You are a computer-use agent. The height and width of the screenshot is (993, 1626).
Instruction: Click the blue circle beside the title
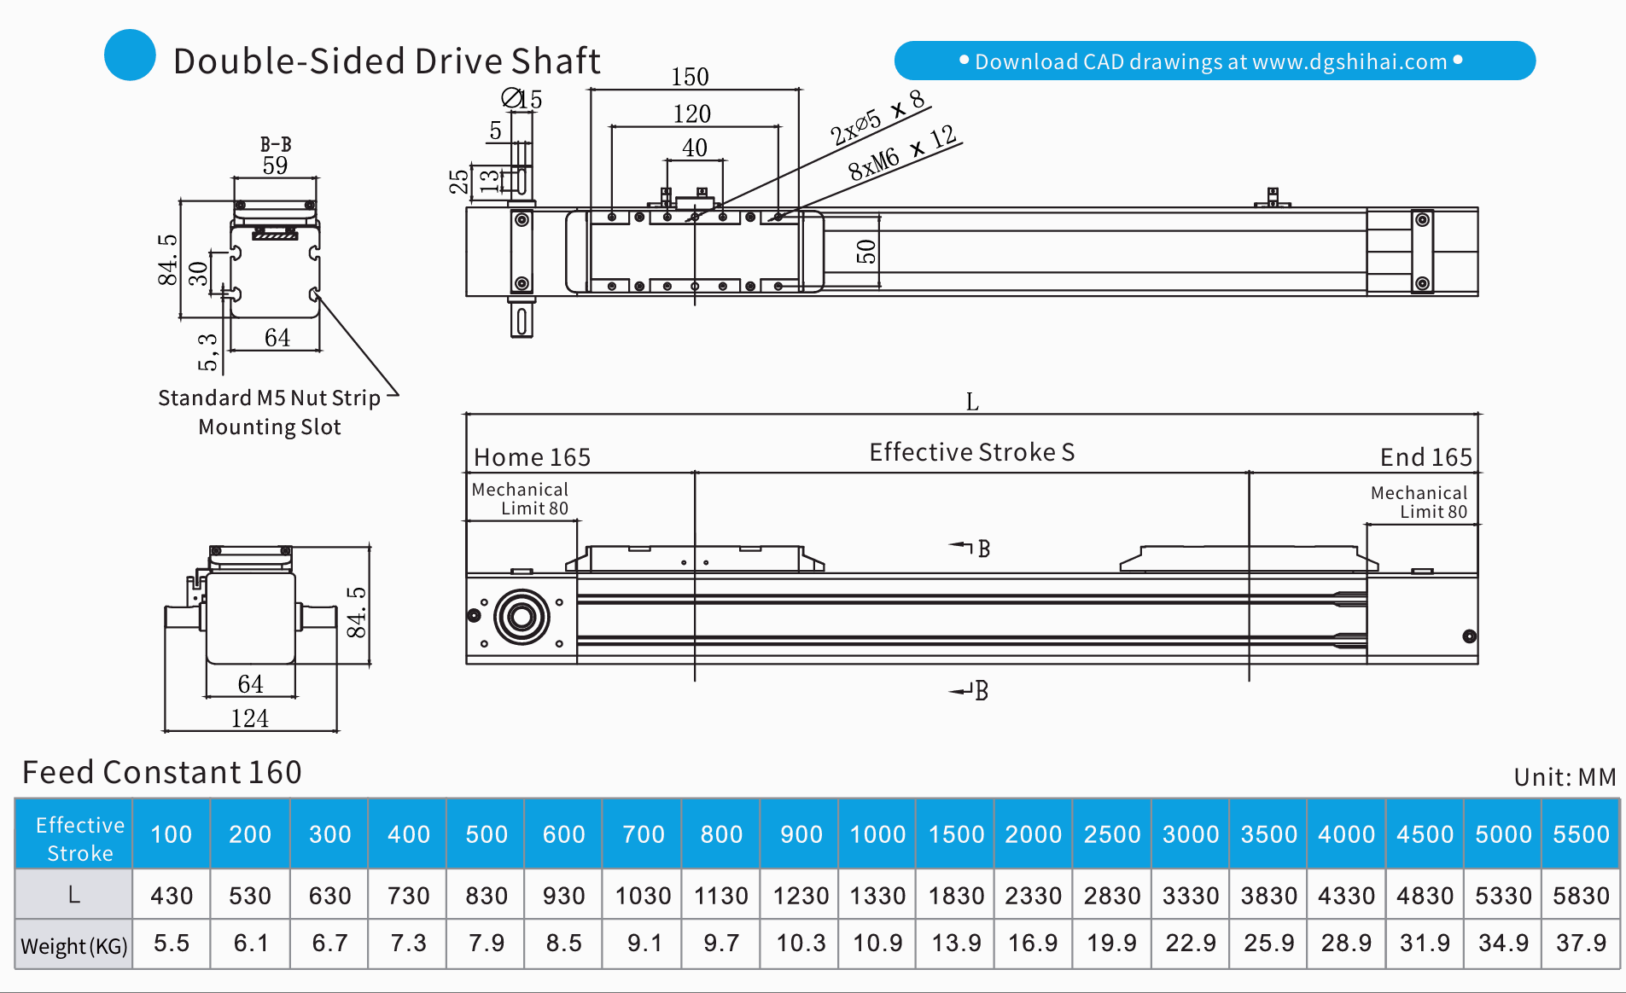[x=130, y=55]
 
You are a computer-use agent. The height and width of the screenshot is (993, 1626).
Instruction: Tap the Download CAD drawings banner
[x=1214, y=61]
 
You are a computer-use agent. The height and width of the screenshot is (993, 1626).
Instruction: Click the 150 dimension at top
[x=690, y=77]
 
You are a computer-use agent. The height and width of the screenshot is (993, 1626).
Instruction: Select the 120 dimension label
[x=691, y=113]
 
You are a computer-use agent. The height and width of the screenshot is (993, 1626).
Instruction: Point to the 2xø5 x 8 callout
[x=877, y=118]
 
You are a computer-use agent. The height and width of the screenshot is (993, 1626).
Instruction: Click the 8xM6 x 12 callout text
[x=903, y=152]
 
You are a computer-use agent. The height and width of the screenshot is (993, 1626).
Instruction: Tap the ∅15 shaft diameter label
[x=522, y=99]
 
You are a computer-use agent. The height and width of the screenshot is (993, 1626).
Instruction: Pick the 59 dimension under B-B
[x=275, y=165]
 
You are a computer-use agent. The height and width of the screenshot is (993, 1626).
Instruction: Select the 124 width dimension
[x=249, y=718]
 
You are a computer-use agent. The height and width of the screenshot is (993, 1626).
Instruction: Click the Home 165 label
[x=532, y=457]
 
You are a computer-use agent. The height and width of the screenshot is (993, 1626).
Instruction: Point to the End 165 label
[x=1425, y=457]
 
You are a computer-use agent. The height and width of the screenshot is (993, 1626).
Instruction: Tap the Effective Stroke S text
[x=971, y=452]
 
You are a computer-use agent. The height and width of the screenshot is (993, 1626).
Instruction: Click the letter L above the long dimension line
[x=971, y=402]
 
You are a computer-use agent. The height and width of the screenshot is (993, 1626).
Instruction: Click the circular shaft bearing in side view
[x=522, y=616]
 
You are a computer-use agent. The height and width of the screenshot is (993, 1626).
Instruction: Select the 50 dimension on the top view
[x=865, y=252]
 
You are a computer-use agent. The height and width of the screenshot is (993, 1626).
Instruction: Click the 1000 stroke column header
[x=877, y=834]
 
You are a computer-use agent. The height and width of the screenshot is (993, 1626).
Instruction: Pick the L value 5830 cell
[x=1581, y=896]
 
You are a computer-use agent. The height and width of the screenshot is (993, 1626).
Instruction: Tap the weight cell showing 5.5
[x=172, y=943]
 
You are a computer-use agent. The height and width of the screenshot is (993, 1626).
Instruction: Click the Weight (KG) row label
[x=74, y=945]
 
